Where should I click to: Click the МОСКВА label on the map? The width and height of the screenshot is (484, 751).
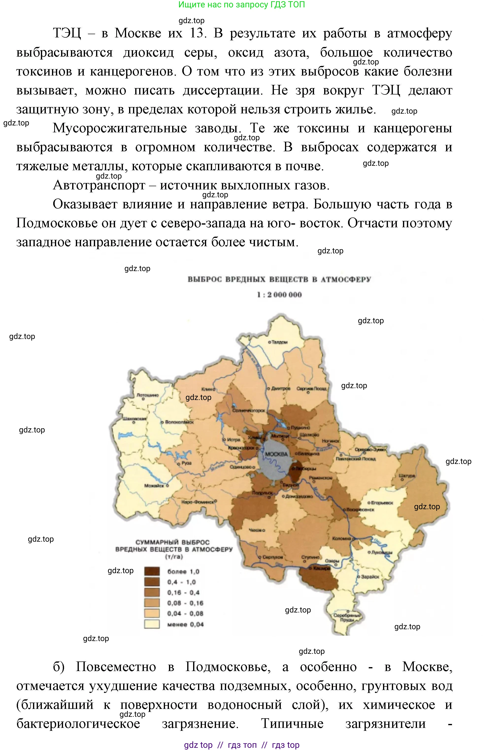click(x=276, y=454)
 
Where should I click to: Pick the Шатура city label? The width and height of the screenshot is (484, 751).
click(x=407, y=476)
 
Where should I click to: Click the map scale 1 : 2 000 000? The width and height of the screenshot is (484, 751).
click(x=279, y=295)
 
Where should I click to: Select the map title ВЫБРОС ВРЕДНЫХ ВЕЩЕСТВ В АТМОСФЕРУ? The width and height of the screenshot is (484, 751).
click(x=279, y=279)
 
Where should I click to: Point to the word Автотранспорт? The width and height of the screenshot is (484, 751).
click(x=99, y=185)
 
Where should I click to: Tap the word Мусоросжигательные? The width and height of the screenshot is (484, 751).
click(x=119, y=128)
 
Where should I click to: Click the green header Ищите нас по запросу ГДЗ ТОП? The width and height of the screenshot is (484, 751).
click(x=241, y=5)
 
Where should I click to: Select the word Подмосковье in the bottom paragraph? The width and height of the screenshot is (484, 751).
click(x=228, y=667)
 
